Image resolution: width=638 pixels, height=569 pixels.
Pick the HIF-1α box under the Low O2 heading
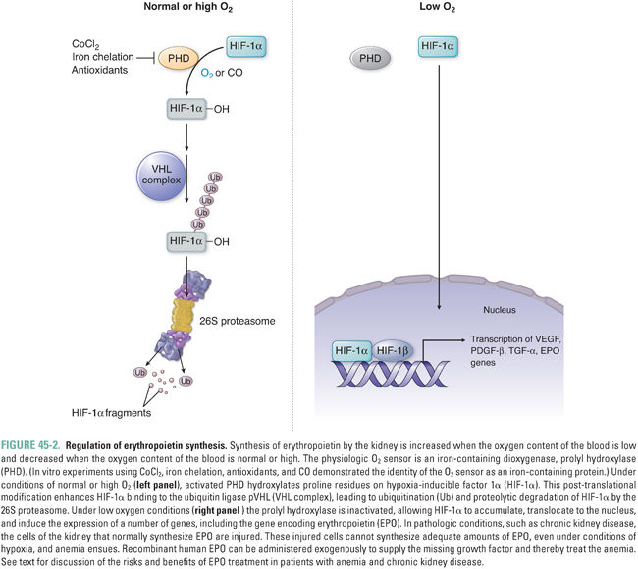tap(438, 45)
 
